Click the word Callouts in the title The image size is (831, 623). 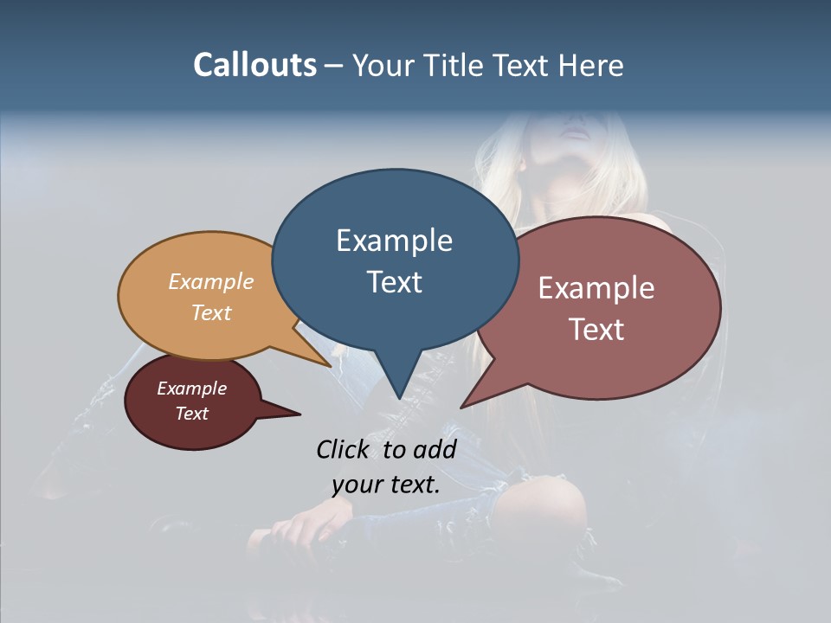coord(254,65)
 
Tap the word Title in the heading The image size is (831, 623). coord(452,65)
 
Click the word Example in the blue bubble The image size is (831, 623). coord(394,241)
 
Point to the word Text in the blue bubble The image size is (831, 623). coord(394,282)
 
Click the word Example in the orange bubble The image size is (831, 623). coord(211,281)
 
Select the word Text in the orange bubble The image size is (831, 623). coord(211,312)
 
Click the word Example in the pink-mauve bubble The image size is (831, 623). coord(596,288)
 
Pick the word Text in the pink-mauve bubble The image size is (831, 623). coord(596,330)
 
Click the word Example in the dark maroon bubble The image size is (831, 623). coord(191,389)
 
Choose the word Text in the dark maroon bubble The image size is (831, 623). coord(191,414)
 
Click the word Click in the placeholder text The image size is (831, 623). coord(344,449)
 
